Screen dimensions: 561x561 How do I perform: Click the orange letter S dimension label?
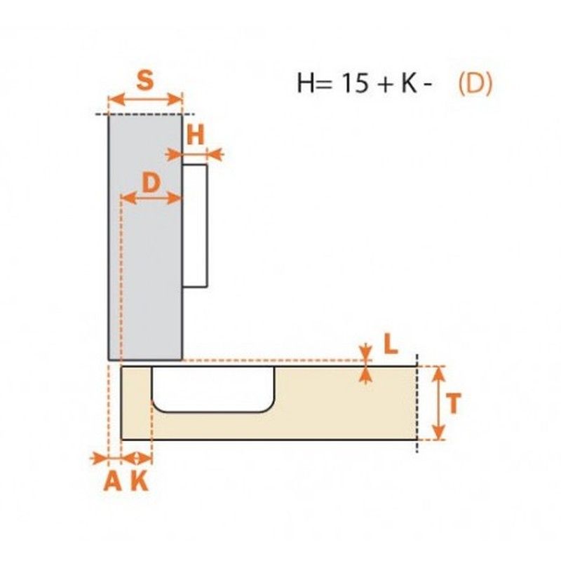(x=145, y=80)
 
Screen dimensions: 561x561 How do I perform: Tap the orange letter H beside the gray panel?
(x=196, y=135)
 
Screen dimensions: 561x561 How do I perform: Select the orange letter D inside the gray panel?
(x=151, y=182)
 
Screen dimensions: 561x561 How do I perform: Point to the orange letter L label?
(x=391, y=344)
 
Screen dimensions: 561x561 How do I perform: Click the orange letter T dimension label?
(x=453, y=403)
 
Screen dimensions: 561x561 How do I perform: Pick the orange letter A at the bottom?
(x=112, y=481)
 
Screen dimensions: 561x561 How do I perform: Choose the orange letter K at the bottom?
(x=140, y=481)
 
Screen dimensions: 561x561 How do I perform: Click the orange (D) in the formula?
(x=475, y=83)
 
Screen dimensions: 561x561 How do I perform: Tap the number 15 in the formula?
(x=356, y=83)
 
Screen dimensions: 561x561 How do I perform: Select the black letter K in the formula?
(x=409, y=83)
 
